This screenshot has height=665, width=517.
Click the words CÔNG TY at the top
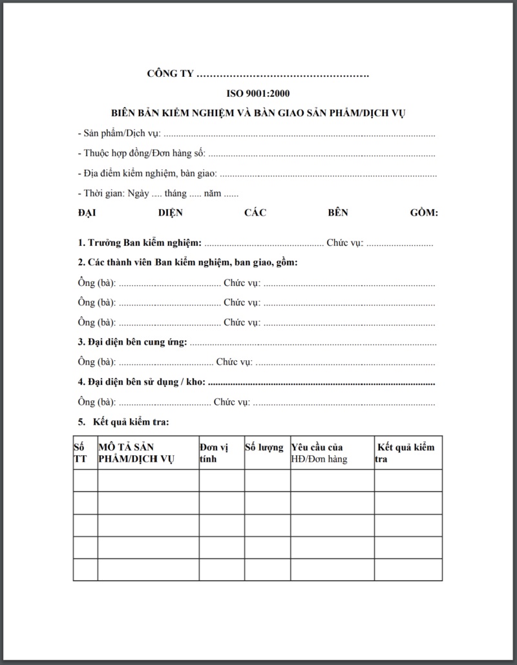(171, 74)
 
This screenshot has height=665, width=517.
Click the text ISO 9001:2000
(258, 94)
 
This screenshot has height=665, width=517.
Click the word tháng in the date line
(175, 193)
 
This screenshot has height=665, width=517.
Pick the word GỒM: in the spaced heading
(424, 212)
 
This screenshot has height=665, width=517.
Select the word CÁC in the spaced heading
(255, 212)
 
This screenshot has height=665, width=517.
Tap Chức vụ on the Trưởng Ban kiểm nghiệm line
(345, 243)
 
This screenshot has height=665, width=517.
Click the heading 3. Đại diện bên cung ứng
(132, 342)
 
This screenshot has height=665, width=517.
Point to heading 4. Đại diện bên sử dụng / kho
(142, 382)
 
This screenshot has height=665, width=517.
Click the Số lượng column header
(264, 447)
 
